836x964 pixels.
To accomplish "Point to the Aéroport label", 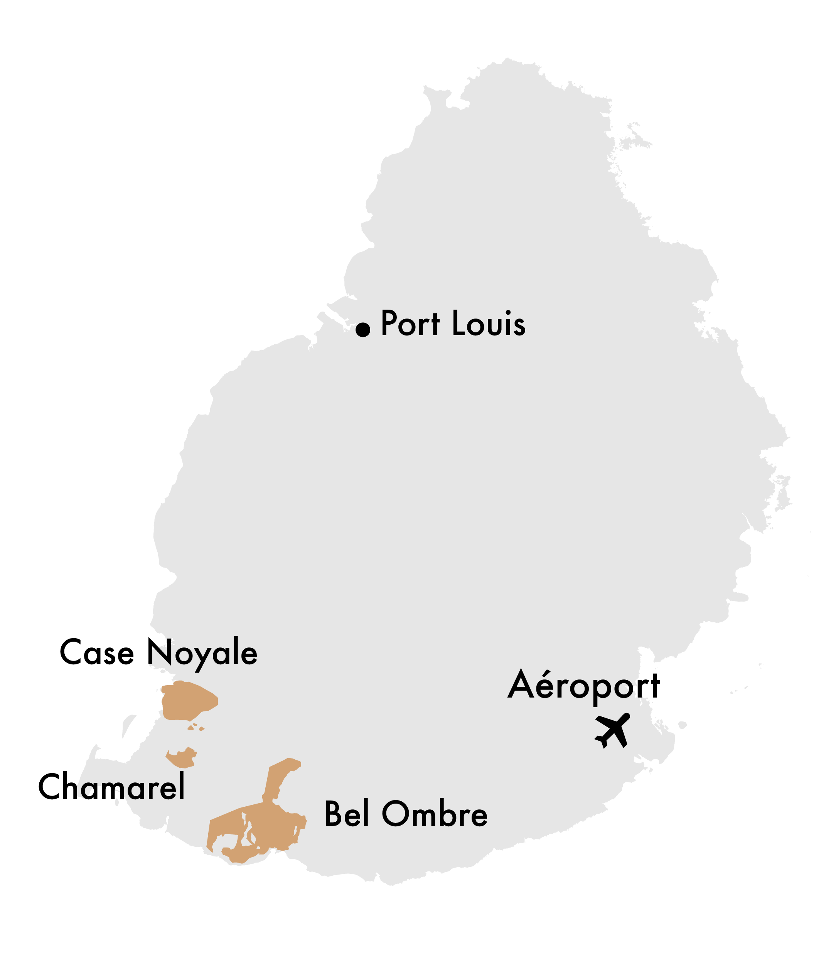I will coord(583,686).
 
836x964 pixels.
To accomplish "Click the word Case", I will coord(96,652).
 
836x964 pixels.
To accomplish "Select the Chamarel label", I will coord(111,787).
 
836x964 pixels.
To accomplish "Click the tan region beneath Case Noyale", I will coord(187,700).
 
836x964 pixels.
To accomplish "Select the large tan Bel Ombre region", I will coord(271,826).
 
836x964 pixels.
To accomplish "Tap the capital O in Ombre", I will coord(396,814).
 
